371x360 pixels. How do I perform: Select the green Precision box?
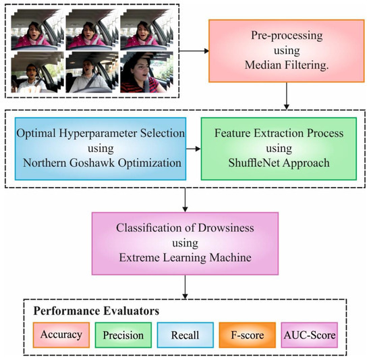(x=124, y=334)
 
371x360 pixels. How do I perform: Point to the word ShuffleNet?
(x=269, y=163)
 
